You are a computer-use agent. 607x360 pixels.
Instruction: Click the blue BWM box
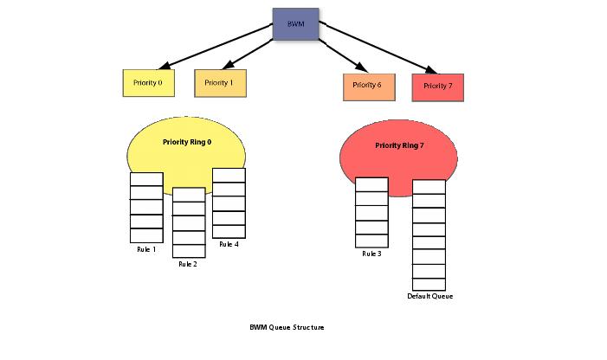296,24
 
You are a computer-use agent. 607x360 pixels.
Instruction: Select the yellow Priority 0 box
149,83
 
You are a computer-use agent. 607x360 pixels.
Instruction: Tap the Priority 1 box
220,83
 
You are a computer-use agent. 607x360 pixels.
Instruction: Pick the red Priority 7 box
438,87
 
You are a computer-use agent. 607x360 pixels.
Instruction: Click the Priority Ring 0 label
186,141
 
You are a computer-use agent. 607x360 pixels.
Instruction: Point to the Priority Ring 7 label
399,145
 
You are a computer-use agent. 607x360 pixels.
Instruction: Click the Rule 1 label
145,250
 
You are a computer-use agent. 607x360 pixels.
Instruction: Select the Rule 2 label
188,264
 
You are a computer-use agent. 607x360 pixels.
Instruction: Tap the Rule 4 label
229,245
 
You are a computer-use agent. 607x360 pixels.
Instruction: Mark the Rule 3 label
371,254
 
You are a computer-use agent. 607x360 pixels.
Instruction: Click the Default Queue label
429,297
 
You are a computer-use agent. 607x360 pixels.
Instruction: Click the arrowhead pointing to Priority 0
164,64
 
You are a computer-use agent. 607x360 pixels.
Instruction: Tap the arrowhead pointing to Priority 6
361,67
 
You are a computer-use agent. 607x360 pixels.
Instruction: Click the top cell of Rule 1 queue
146,179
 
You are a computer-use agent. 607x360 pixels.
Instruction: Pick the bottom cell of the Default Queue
429,284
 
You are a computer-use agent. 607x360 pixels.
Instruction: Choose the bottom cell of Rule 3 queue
371,241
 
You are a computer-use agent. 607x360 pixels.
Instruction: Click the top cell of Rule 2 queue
189,195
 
